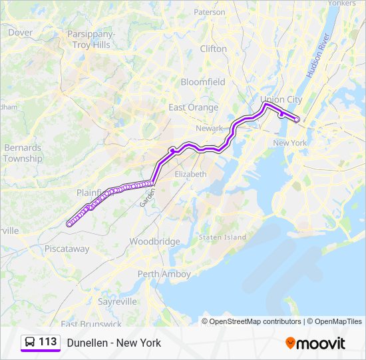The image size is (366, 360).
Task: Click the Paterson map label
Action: (x=210, y=12)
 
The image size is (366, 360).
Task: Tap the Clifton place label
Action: (x=214, y=49)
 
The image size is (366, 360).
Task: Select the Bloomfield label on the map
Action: (x=203, y=82)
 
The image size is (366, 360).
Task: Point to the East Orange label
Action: (x=193, y=107)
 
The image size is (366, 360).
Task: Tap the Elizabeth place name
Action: (x=190, y=173)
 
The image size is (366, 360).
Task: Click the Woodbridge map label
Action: (x=154, y=241)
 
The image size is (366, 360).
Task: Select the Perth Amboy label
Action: (x=164, y=274)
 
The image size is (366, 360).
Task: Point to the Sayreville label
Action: (x=117, y=301)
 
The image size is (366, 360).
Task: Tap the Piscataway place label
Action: (x=67, y=249)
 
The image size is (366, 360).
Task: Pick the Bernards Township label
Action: (x=23, y=153)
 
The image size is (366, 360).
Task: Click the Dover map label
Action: (x=21, y=32)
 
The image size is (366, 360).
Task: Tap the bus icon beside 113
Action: (x=30, y=342)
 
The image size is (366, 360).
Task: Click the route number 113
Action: (x=48, y=342)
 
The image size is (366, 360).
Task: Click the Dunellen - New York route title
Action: (x=114, y=343)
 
